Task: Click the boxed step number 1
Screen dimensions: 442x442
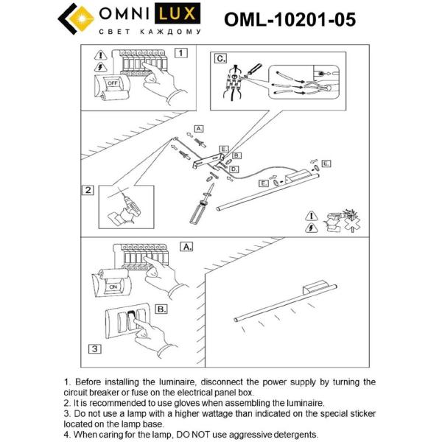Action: [181, 52]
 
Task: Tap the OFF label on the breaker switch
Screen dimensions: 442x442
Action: [113, 83]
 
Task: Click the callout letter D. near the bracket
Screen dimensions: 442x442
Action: [233, 169]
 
